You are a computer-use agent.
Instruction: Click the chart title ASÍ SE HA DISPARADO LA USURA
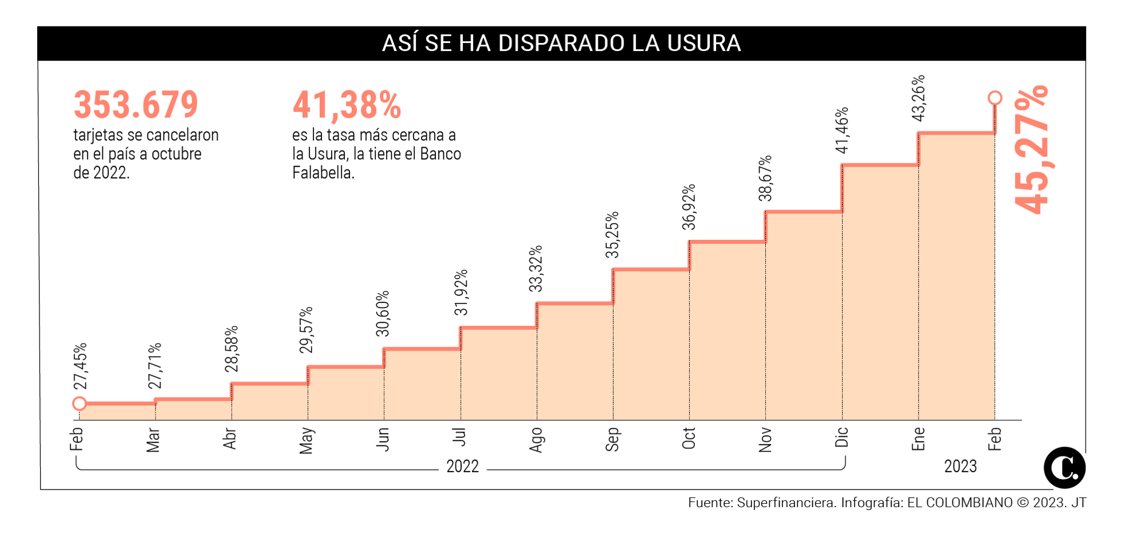coord(561,44)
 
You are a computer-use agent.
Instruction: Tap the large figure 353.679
coord(136,105)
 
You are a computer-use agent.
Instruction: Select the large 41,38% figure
coord(347,105)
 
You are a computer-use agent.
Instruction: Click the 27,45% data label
coord(80,366)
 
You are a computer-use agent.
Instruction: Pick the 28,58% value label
coord(231,349)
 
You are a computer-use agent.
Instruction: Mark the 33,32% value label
coord(536,269)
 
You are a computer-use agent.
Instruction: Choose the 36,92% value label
coord(689,207)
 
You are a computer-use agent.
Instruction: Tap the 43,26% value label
coord(918,98)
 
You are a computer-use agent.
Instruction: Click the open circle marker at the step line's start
coord(80,404)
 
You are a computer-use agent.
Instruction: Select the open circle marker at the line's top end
coord(995,98)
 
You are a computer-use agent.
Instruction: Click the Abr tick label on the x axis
coord(230,439)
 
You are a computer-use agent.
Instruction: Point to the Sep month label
coord(612,439)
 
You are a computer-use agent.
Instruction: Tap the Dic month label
coord(841,437)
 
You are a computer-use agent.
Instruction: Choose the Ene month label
coord(918,439)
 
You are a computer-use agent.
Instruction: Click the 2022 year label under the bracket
coord(462,467)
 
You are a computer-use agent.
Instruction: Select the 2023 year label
coord(960,467)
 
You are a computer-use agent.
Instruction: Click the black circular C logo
coord(1064,468)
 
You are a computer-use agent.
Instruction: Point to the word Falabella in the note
coord(323,173)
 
